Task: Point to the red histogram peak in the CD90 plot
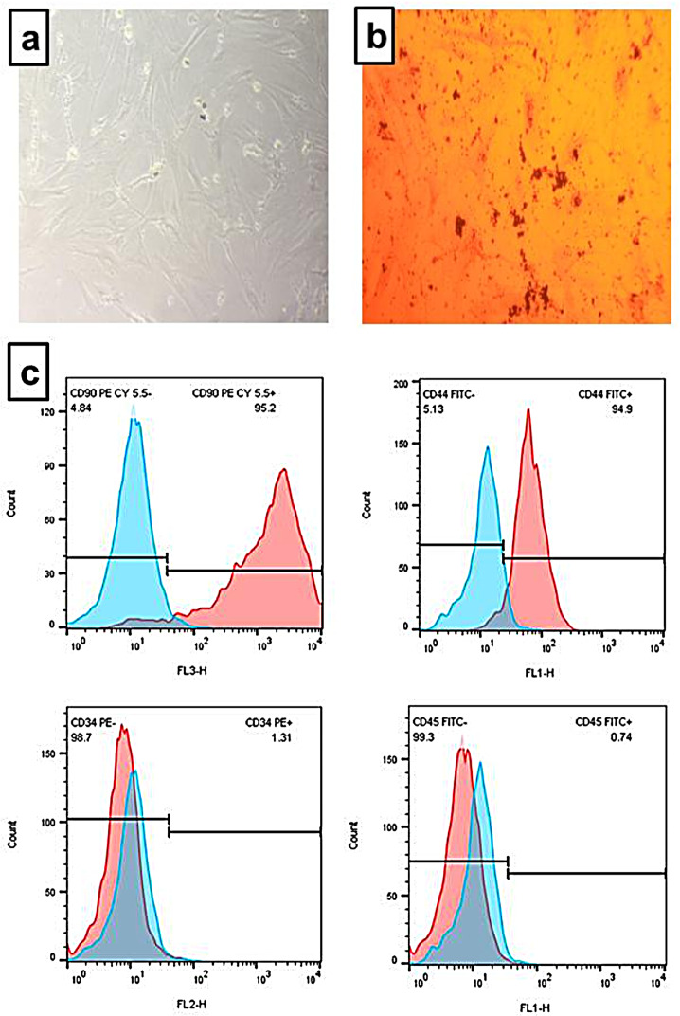pos(284,470)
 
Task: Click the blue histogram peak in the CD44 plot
pos(487,447)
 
